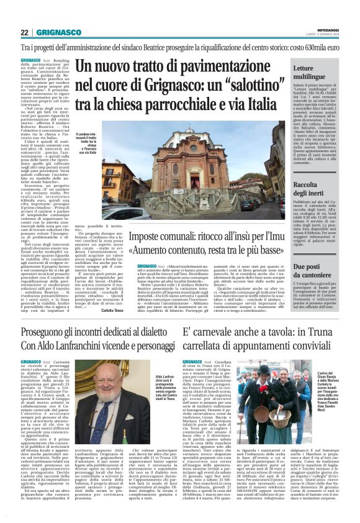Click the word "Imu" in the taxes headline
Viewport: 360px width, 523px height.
(x=274, y=240)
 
